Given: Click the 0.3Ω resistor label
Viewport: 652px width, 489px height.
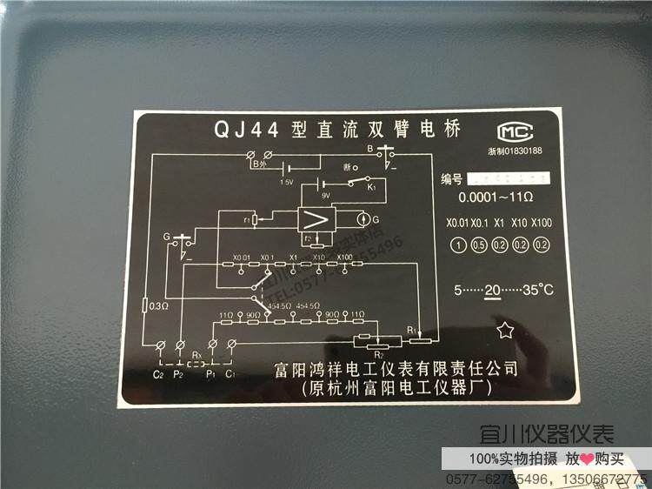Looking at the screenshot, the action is coord(158,305).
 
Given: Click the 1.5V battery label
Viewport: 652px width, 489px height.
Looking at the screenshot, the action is coord(287,183).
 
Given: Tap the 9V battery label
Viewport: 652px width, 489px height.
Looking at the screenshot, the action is coord(326,196).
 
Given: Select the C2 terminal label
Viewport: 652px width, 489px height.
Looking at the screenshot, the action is coord(157,375).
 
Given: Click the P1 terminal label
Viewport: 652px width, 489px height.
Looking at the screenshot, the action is coord(210,375).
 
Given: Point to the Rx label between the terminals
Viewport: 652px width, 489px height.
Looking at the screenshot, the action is coord(196,354).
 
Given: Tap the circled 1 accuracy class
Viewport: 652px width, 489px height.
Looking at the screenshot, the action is coord(456,244).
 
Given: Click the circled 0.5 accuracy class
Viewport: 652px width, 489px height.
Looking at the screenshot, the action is coord(477,244).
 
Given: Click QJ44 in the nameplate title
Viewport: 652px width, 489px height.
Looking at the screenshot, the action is coord(245,131).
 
